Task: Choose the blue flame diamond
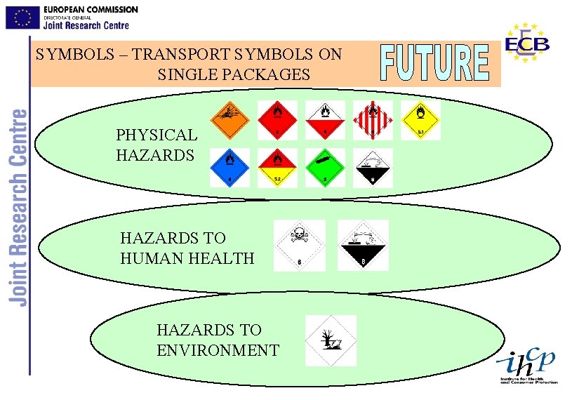(229, 167)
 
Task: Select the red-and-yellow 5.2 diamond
(277, 167)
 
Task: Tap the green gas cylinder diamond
(325, 167)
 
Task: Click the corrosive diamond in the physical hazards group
(373, 167)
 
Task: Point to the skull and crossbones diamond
(300, 246)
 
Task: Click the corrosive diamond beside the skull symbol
(363, 246)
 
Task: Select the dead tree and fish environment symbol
(331, 340)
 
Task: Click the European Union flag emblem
(22, 18)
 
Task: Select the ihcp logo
(526, 366)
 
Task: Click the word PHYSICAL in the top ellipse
(157, 135)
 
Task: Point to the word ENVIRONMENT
(218, 350)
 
